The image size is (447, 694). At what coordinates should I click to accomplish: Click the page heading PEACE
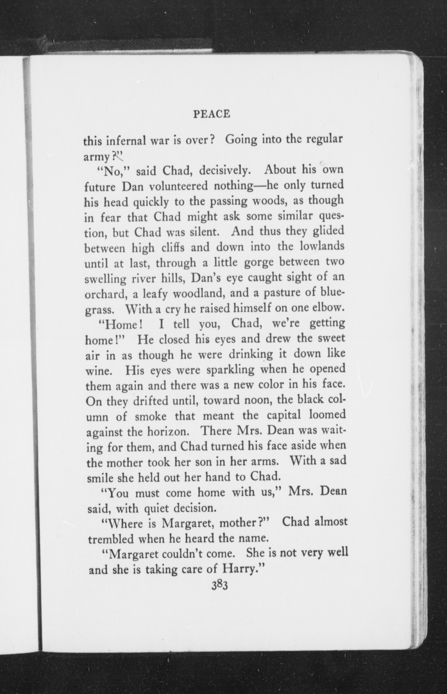click(212, 114)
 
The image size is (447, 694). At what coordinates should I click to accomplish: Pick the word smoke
click(151, 417)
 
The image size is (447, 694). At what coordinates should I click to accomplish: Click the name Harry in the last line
click(241, 569)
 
